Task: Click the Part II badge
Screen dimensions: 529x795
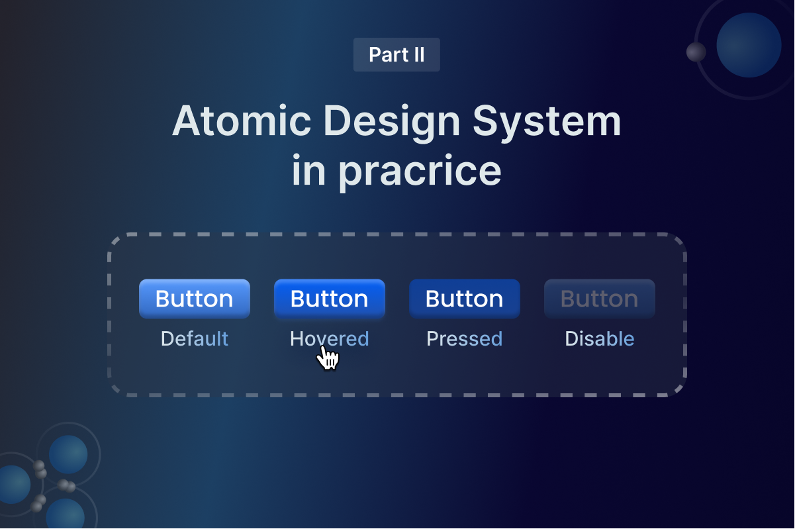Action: [397, 54]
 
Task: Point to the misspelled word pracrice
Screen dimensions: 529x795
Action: [420, 172]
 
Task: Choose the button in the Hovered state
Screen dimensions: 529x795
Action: [329, 299]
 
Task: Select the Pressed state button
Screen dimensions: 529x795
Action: [464, 299]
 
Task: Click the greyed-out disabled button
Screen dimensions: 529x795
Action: [599, 299]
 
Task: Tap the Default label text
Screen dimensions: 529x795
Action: [195, 339]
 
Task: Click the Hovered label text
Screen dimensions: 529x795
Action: [329, 339]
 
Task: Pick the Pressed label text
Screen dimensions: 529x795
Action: [464, 339]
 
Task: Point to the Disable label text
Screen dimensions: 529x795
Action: [599, 339]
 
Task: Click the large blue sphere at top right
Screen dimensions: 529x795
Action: [749, 45]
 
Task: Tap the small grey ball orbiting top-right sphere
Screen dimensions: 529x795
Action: [696, 52]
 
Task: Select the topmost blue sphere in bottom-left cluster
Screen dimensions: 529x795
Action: [68, 454]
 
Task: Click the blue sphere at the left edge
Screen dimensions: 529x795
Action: [12, 484]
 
